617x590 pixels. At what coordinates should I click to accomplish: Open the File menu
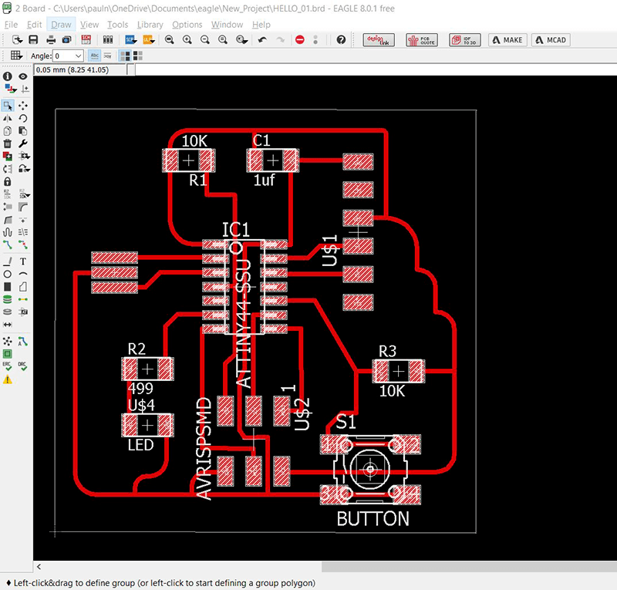coord(11,25)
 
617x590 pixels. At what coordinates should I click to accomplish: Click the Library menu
coord(150,25)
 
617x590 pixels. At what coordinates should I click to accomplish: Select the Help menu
coord(261,25)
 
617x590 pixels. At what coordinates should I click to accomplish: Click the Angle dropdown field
coord(68,56)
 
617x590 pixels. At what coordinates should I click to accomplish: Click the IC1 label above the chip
coord(235,230)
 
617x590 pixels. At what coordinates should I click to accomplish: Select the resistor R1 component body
coord(188,161)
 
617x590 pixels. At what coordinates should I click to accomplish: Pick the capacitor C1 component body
coord(271,161)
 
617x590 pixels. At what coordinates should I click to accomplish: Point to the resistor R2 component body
coord(148,368)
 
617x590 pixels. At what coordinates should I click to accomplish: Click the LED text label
coord(140,445)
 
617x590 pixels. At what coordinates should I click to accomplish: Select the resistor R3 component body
coord(398,372)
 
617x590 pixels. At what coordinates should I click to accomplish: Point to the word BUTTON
coord(373,518)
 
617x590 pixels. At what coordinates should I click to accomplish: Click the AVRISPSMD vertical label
coord(204,448)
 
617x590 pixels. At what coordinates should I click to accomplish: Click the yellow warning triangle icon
coord(8,379)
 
